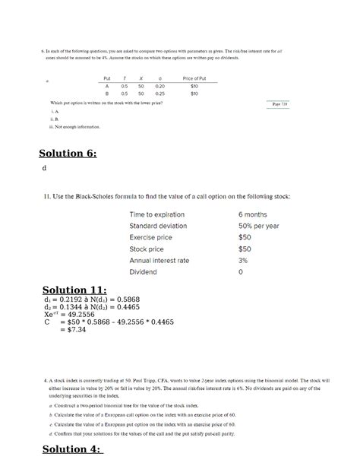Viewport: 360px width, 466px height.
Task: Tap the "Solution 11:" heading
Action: point(74,290)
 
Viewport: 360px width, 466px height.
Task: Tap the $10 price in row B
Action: point(194,94)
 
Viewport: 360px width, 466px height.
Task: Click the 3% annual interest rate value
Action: point(244,260)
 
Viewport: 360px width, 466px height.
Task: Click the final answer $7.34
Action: point(74,330)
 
